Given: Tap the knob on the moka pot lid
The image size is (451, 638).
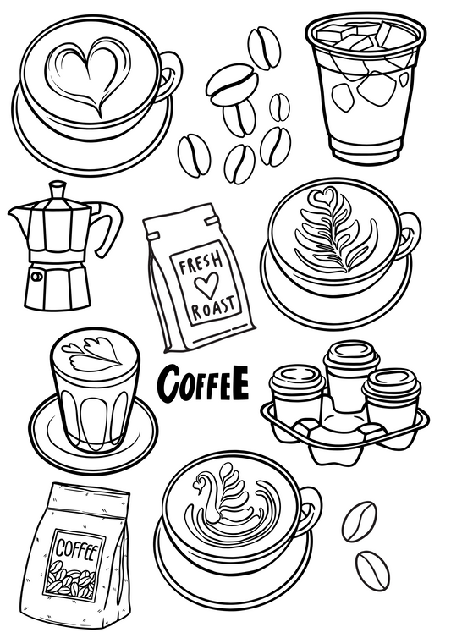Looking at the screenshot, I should coord(58,186).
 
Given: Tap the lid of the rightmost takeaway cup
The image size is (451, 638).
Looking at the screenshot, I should coord(393,382).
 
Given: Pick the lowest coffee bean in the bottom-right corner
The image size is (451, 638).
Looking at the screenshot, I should coord(371,569).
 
